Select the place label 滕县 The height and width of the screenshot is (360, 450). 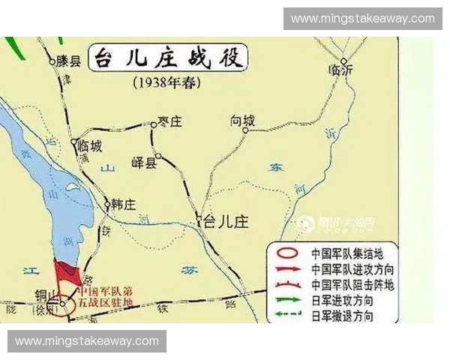(x=68, y=62)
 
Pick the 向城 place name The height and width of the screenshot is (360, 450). (x=242, y=121)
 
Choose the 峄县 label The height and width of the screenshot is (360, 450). (x=143, y=163)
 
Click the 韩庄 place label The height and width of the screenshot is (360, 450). (x=123, y=204)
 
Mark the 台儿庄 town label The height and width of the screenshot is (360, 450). (x=226, y=222)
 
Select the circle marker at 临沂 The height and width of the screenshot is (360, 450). (x=343, y=61)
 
